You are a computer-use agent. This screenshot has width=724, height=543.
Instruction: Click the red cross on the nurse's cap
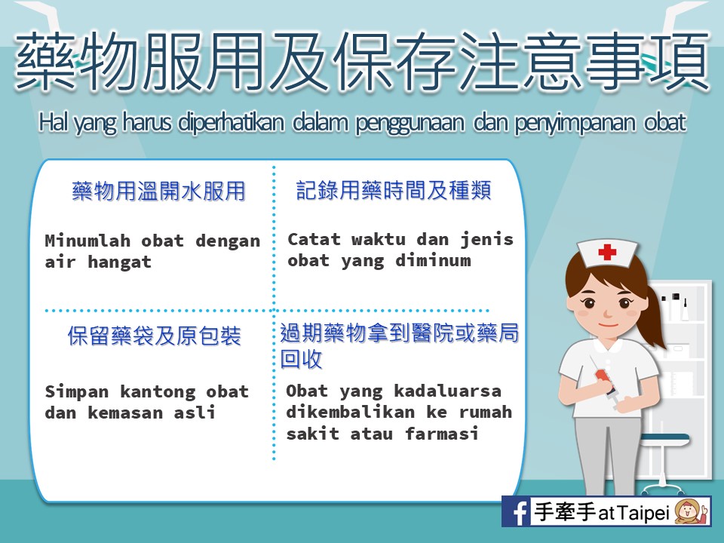click(x=606, y=252)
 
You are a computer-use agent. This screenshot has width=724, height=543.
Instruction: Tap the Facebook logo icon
click(x=517, y=511)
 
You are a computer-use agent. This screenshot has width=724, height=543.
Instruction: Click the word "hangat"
click(x=120, y=262)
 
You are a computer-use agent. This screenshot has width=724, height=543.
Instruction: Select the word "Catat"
click(x=314, y=239)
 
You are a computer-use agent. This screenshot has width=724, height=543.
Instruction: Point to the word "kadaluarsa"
click(x=447, y=391)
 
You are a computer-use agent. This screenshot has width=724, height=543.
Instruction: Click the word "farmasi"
click(x=442, y=434)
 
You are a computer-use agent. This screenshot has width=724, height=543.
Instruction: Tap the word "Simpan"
click(x=77, y=392)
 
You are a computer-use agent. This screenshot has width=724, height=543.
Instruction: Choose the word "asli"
click(x=195, y=413)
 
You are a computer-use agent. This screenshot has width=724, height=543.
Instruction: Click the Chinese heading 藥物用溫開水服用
click(x=158, y=191)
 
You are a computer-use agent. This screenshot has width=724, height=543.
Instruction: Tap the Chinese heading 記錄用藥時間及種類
click(x=394, y=190)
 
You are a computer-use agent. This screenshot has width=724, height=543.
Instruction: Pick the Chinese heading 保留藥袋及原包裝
click(x=154, y=336)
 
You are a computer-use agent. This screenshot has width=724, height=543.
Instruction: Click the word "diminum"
click(x=433, y=260)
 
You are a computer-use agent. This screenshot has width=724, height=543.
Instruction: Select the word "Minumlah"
click(x=87, y=241)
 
